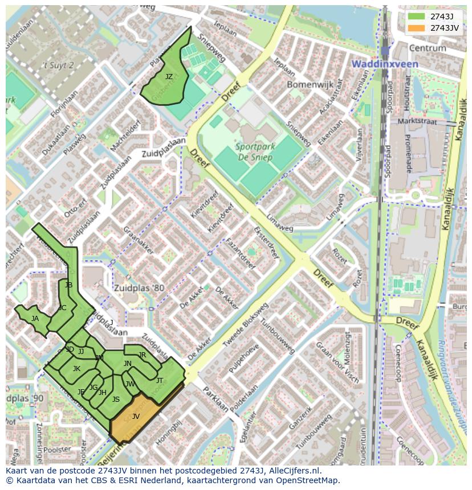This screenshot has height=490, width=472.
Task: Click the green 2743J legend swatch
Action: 416,17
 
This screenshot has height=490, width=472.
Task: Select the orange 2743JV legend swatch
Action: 416,28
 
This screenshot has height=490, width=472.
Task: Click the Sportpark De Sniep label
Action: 255,151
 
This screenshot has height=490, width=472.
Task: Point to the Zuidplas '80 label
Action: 138,288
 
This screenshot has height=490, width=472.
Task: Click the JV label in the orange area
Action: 136,417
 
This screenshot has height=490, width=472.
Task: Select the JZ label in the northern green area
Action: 169,76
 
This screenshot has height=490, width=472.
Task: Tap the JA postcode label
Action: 35,319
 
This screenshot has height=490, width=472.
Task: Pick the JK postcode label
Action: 76,369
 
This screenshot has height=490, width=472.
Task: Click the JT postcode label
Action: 160,380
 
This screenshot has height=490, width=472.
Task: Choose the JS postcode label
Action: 116,400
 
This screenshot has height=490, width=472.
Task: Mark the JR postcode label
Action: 143,355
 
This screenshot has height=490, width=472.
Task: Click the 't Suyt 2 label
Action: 59,65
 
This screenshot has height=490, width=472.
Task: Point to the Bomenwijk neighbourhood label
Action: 305,84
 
